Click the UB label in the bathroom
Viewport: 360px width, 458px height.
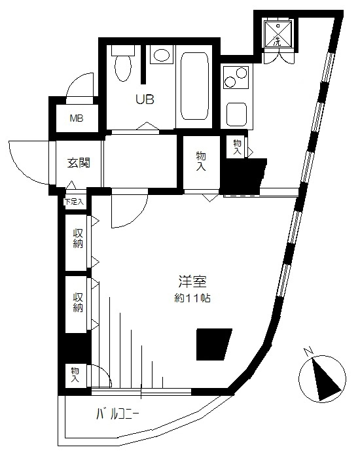point(145,100)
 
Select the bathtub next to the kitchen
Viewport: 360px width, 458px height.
point(194,86)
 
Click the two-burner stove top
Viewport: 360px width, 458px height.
point(236,77)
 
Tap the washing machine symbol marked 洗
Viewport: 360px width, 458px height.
point(278,33)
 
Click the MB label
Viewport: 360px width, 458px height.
point(77,118)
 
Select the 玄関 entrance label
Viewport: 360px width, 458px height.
point(79,163)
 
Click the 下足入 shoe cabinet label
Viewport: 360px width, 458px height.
point(74,202)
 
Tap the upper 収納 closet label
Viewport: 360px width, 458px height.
point(78,238)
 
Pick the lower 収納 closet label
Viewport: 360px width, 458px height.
point(78,302)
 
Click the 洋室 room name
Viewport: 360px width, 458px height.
point(192,282)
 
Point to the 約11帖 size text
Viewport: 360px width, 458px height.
point(192,298)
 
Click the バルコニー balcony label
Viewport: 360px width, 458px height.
point(117,414)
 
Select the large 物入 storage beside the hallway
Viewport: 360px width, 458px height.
point(201,161)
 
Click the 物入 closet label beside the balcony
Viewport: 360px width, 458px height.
point(75,375)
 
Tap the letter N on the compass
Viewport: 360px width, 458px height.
point(308,351)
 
